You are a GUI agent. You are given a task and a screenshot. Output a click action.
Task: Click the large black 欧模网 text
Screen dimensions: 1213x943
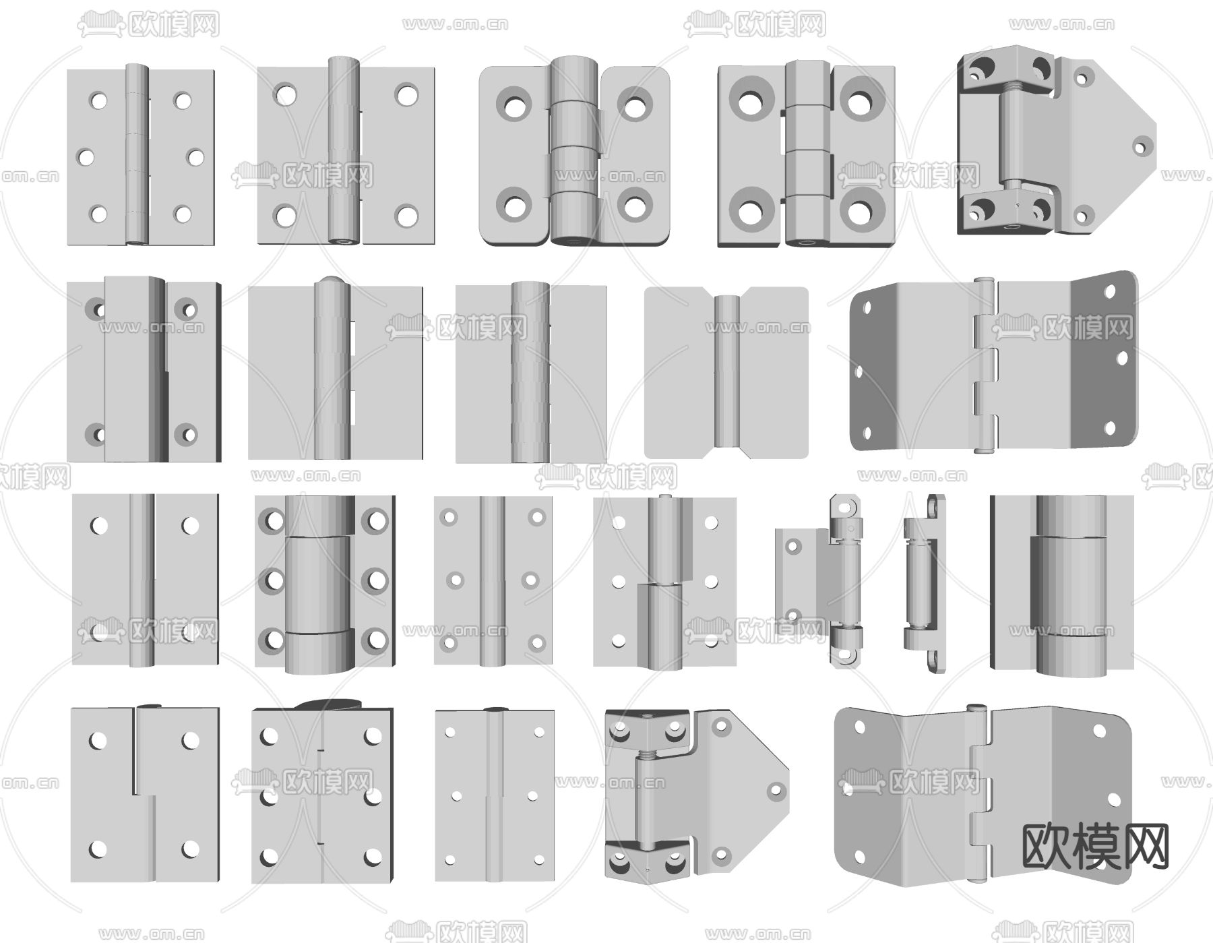pos(1096,847)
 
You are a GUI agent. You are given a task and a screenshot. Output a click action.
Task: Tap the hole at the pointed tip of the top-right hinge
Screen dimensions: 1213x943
pos(1142,145)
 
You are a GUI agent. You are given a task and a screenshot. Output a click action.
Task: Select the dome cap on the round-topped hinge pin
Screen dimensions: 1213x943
pos(332,282)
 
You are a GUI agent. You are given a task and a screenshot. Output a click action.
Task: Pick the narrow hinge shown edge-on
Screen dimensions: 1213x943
pos(924,583)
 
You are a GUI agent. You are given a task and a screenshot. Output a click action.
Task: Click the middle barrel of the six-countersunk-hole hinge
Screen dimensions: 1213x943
pos(320,584)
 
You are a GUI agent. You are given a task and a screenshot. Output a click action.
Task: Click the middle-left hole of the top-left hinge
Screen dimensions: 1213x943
pos(86,158)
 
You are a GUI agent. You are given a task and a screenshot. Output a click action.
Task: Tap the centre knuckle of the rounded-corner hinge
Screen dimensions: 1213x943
pos(575,124)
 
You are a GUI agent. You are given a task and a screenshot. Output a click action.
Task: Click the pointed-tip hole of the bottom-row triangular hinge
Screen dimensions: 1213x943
pos(774,789)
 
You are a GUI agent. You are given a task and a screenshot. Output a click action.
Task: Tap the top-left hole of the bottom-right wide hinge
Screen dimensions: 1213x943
pos(860,727)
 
